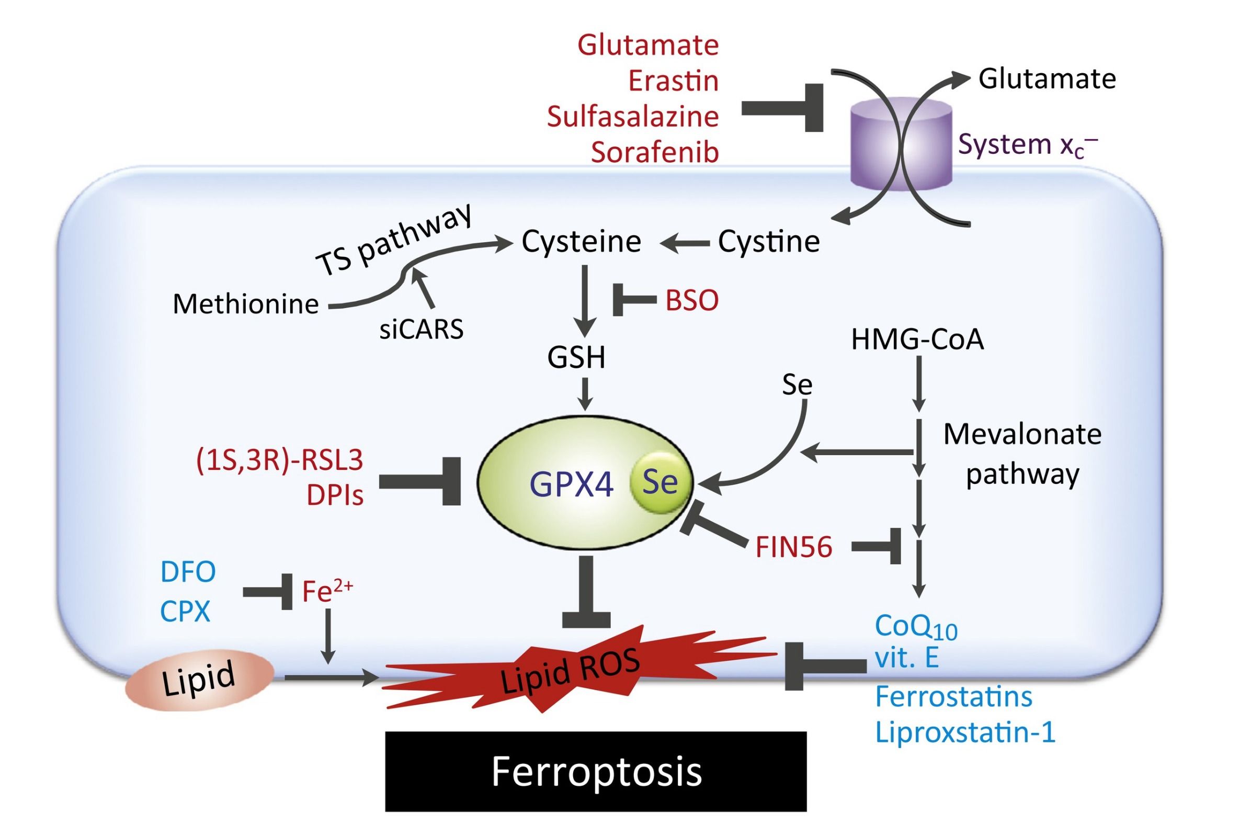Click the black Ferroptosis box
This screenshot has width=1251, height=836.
click(595, 772)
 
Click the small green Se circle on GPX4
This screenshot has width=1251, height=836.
click(661, 482)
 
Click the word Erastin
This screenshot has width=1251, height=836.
click(673, 81)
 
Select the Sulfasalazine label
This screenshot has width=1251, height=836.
click(633, 117)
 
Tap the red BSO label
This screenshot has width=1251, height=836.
click(691, 301)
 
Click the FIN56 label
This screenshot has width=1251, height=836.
click(794, 548)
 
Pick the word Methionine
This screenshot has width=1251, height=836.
click(246, 304)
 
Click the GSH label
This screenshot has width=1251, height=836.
click(576, 358)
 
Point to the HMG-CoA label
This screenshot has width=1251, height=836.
click(917, 340)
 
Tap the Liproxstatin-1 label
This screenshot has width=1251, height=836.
click(965, 732)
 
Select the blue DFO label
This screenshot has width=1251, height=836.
click(188, 572)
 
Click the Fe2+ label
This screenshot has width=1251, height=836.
click(327, 591)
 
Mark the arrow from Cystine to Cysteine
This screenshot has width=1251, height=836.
click(685, 244)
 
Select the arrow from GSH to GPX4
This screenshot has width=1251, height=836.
click(585, 394)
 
